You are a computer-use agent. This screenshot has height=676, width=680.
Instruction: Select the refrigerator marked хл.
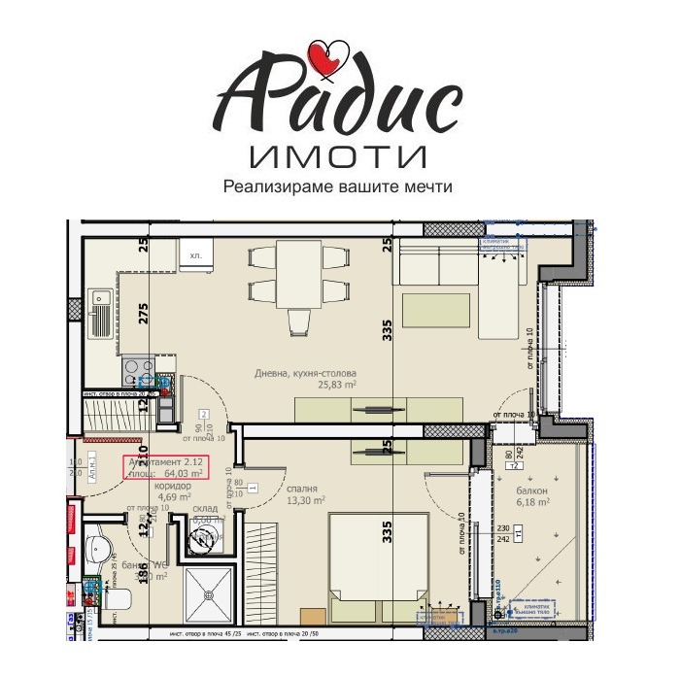[x=194, y=255]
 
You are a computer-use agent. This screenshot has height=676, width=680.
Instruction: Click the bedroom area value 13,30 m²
[x=305, y=501]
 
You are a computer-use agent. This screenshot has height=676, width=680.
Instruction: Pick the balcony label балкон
[x=531, y=490]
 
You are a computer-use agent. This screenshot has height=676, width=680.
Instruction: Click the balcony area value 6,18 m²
[x=533, y=503]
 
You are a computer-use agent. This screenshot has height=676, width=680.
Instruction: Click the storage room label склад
[x=204, y=506]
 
